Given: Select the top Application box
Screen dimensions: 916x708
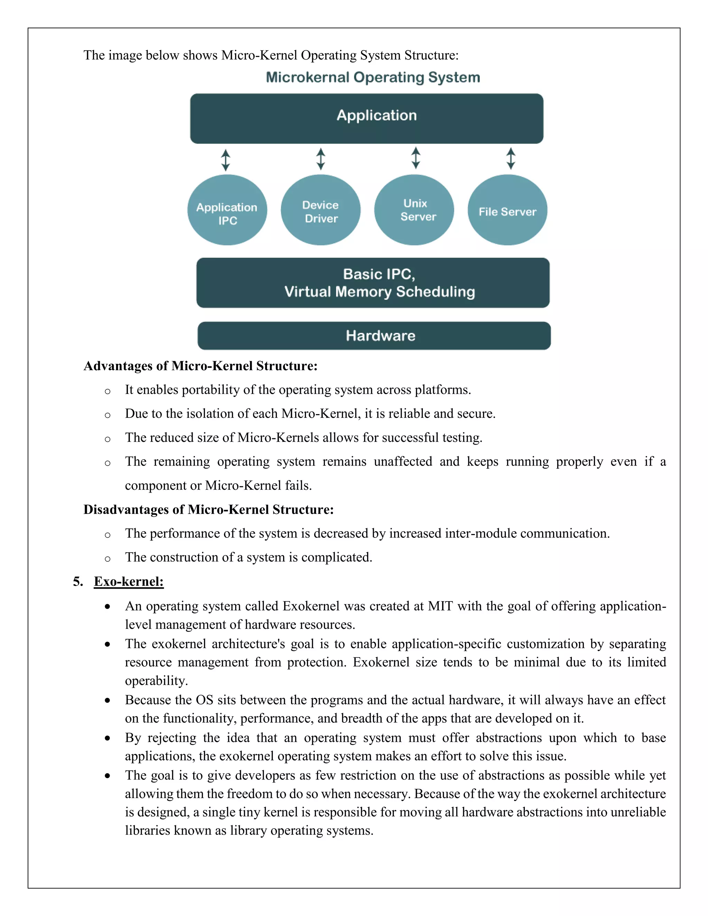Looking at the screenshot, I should tap(366, 118).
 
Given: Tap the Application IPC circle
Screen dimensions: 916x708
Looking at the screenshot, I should tap(227, 210).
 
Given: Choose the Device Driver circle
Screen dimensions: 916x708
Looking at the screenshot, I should tap(320, 210).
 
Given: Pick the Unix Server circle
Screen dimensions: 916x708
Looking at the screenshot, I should tap(414, 210).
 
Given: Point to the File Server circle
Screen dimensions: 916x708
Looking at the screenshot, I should tap(507, 210).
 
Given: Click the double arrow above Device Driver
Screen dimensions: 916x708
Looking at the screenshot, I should tap(320, 159).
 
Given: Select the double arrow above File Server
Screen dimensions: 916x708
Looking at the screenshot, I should tap(511, 158).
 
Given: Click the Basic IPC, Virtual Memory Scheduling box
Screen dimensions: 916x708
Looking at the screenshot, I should tap(373, 283).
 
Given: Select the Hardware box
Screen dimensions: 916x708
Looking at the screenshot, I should tap(374, 336).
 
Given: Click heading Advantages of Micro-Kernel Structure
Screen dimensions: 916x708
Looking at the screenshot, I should tap(200, 366).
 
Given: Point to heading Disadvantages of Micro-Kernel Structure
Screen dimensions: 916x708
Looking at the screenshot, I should tap(208, 509).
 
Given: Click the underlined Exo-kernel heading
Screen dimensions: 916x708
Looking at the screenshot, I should tap(128, 581).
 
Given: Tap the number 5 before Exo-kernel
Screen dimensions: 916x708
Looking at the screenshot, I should tap(77, 581).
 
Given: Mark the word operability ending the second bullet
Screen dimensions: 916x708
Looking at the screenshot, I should tap(156, 680).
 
